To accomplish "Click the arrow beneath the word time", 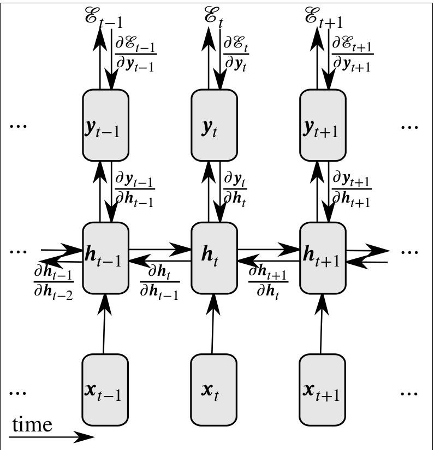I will [x=52, y=436].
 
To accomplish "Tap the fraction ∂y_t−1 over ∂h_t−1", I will [x=134, y=188].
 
